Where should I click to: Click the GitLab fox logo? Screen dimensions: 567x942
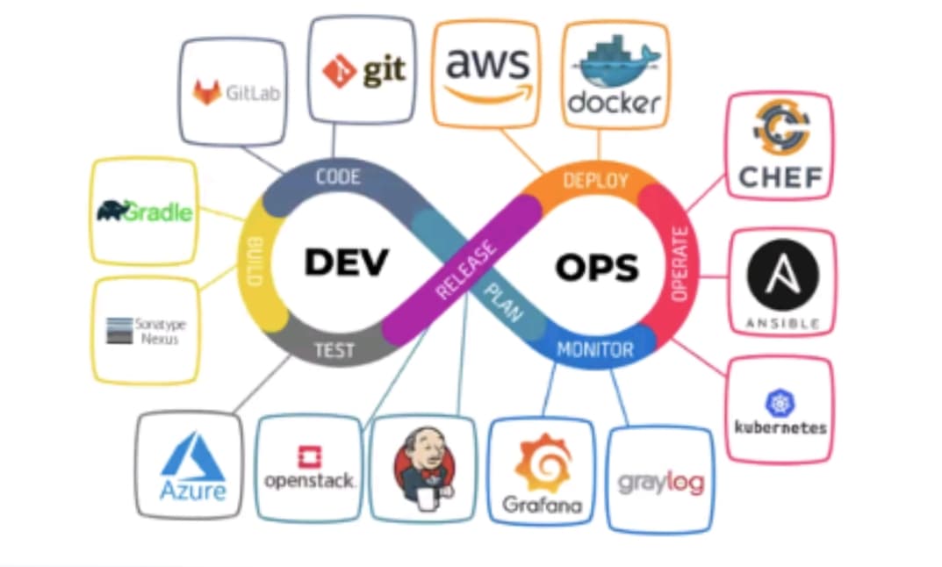pyautogui.click(x=207, y=91)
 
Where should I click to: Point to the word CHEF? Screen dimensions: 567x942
pyautogui.click(x=780, y=178)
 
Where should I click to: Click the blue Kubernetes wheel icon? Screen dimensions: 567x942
pyautogui.click(x=780, y=403)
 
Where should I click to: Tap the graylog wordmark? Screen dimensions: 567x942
pyautogui.click(x=660, y=483)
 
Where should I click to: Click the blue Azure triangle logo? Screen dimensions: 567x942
pyautogui.click(x=192, y=457)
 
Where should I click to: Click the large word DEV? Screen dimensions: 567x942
pyautogui.click(x=346, y=262)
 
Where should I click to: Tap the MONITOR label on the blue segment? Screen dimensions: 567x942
pyautogui.click(x=595, y=350)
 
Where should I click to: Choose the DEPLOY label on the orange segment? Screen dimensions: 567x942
pyautogui.click(x=595, y=181)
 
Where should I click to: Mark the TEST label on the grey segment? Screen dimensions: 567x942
pyautogui.click(x=334, y=351)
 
